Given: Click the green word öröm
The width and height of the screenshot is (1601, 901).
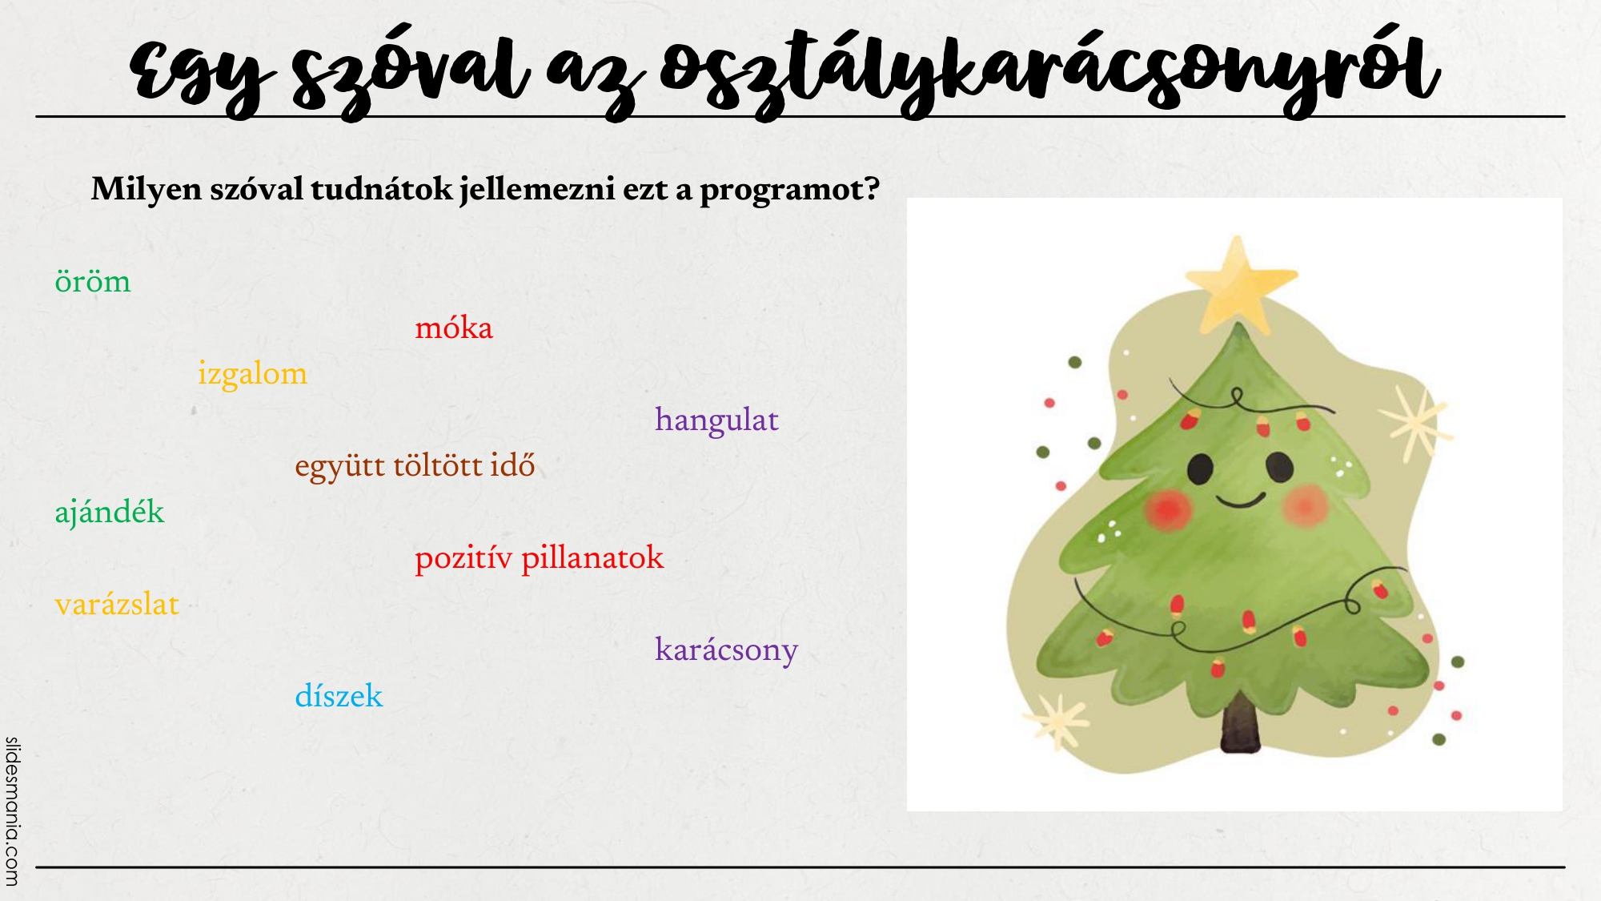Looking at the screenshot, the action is pyautogui.click(x=92, y=281).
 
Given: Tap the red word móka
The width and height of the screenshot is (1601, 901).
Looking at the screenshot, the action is pyautogui.click(x=454, y=327).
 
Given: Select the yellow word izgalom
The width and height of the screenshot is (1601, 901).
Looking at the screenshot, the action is pyautogui.click(x=253, y=374).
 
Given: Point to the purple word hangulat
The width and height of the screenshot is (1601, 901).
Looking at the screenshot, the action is pyautogui.click(x=716, y=420).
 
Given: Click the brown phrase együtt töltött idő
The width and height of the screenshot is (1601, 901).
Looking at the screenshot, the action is pyautogui.click(x=415, y=465).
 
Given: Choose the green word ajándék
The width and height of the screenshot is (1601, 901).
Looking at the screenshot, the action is pyautogui.click(x=110, y=512).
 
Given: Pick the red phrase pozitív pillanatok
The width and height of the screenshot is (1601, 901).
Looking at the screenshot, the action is pyautogui.click(x=540, y=557).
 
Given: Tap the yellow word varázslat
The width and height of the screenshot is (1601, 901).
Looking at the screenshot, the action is pyautogui.click(x=117, y=604).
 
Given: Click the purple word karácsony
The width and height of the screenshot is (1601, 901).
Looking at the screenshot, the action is pyautogui.click(x=726, y=650).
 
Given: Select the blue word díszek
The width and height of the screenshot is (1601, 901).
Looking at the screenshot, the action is pyautogui.click(x=339, y=695).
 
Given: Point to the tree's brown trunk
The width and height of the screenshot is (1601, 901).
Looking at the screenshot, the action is pyautogui.click(x=1240, y=723).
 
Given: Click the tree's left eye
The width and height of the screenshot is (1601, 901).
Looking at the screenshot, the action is pyautogui.click(x=1200, y=469).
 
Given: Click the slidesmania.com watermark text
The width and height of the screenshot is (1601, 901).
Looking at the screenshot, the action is pyautogui.click(x=12, y=811).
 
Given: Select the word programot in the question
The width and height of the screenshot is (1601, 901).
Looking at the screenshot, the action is pyautogui.click(x=790, y=191).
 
